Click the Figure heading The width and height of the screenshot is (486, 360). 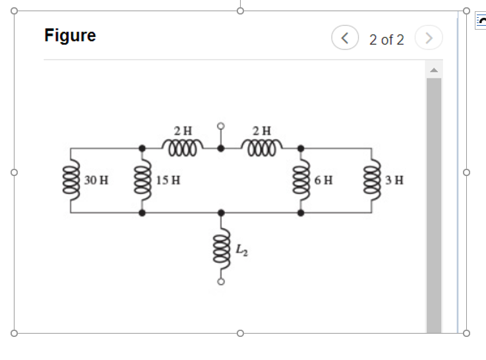point(70,36)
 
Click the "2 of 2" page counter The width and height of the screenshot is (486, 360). point(386,40)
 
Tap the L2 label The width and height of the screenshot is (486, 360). point(242,249)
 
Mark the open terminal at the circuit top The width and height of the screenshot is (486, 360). point(221,125)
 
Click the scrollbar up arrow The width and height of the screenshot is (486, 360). point(433,70)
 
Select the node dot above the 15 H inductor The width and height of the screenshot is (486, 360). point(141,148)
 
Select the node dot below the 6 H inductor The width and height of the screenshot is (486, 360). point(301,213)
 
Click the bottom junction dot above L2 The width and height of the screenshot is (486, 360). point(221,213)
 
